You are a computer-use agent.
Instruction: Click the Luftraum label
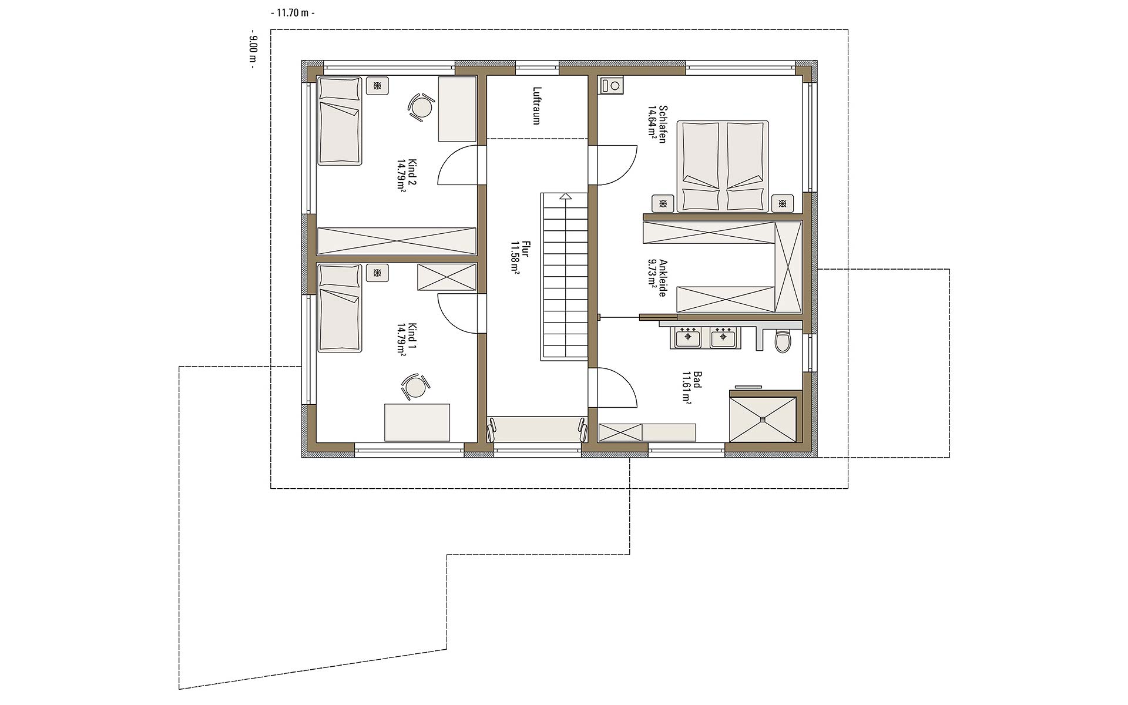tap(536, 106)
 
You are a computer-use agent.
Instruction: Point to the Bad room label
tap(691, 387)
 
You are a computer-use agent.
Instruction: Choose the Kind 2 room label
tap(407, 174)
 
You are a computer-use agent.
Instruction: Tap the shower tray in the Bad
tap(763, 419)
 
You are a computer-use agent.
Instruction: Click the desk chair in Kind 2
tap(420, 108)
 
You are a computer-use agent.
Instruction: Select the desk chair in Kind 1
tap(415, 387)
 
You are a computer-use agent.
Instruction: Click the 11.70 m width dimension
tap(293, 12)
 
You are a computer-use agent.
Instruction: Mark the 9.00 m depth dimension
tap(253, 49)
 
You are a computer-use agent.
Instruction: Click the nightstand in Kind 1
tap(377, 273)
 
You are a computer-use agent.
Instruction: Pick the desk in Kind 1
tap(417, 422)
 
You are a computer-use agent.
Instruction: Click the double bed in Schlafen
tap(723, 166)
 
